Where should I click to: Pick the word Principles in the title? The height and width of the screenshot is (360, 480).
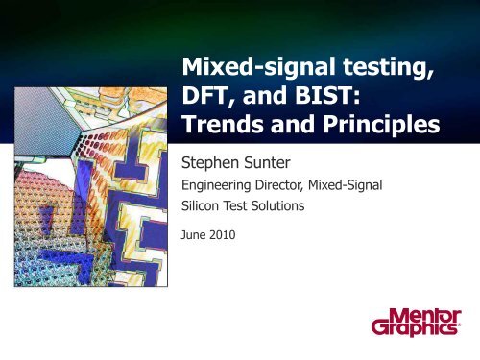[385, 127]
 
